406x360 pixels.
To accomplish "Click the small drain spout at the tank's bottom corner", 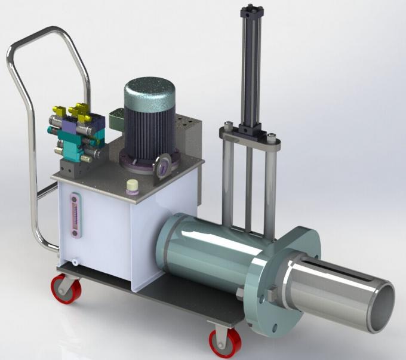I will coord(74,262).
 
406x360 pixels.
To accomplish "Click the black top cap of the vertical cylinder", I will coord(250,10).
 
